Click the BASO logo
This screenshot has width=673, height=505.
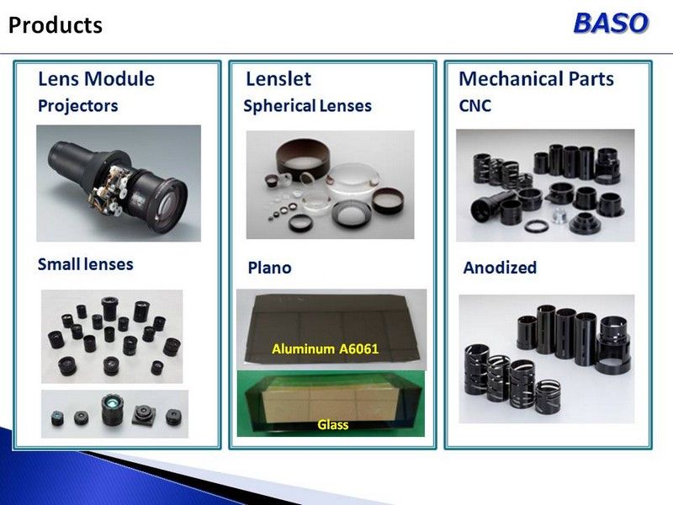click(611, 24)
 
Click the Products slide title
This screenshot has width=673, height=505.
click(56, 25)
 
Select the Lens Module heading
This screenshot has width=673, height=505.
click(96, 78)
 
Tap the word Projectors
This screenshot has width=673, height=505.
click(77, 106)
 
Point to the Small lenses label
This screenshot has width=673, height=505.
click(86, 264)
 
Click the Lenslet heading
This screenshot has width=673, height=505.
click(278, 79)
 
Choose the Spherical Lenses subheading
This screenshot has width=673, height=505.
click(307, 106)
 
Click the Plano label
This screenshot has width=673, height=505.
click(269, 268)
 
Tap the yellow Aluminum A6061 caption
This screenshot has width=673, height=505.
click(326, 348)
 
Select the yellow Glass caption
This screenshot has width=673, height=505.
click(332, 425)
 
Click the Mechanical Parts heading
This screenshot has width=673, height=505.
click(536, 79)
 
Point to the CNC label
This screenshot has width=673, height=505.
click(474, 106)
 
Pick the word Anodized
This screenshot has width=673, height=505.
click(500, 268)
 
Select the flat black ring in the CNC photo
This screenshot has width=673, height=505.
click(536, 226)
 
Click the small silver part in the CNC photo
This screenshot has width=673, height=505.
click(559, 215)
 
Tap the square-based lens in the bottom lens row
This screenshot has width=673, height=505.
click(141, 414)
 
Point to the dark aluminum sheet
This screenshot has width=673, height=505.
click(331, 328)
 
